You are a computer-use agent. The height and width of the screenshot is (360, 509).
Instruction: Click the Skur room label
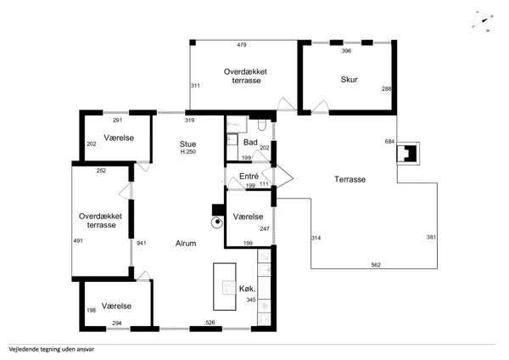tap(350, 80)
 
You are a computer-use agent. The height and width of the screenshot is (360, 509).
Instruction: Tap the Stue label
tap(187, 144)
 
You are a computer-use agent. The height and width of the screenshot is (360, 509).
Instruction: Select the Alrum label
tap(186, 244)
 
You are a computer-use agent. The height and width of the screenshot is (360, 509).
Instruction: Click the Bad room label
tap(250, 143)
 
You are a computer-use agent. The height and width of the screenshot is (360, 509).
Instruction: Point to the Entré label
tap(249, 176)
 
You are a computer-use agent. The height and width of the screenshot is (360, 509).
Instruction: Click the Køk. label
tap(248, 289)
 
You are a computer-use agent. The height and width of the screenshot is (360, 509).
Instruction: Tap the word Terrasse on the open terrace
tap(350, 179)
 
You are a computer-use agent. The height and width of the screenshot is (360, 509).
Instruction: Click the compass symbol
tap(483, 21)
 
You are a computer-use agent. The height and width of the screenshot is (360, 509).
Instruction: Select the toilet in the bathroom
tap(261, 125)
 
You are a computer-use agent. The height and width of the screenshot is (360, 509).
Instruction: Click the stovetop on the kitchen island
tap(229, 287)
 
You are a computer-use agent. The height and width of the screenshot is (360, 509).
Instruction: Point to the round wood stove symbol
tap(217, 222)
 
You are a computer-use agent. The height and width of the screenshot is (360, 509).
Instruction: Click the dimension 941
tap(142, 243)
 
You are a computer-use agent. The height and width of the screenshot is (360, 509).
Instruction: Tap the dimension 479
tap(242, 45)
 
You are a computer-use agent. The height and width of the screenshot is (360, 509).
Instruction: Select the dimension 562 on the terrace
tap(376, 265)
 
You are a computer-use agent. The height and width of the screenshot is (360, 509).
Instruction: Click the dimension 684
tap(389, 141)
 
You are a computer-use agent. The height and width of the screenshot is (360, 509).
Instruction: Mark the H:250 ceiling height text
tap(188, 152)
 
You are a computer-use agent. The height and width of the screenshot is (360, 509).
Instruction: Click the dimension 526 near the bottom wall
tap(210, 323)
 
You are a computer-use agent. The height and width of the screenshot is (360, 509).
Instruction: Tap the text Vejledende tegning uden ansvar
tap(52, 350)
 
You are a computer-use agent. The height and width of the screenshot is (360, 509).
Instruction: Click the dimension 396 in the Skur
tap(346, 51)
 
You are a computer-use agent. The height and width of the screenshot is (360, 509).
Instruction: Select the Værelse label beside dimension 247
tap(248, 217)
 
